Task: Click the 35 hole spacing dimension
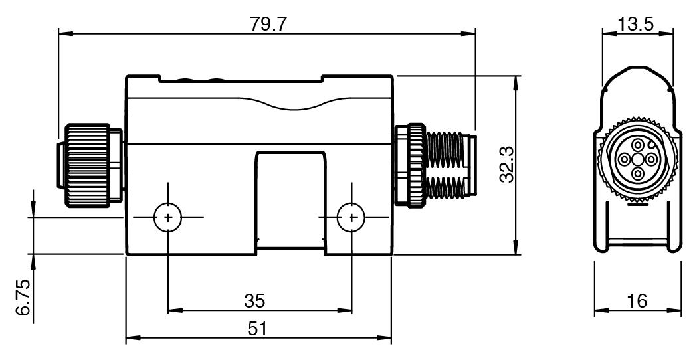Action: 254,300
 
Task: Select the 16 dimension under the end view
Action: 637,300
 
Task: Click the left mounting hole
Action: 167,217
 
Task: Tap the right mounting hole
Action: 351,217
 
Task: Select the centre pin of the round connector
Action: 637,159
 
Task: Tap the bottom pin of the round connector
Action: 637,173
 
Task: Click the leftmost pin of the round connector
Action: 624,159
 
